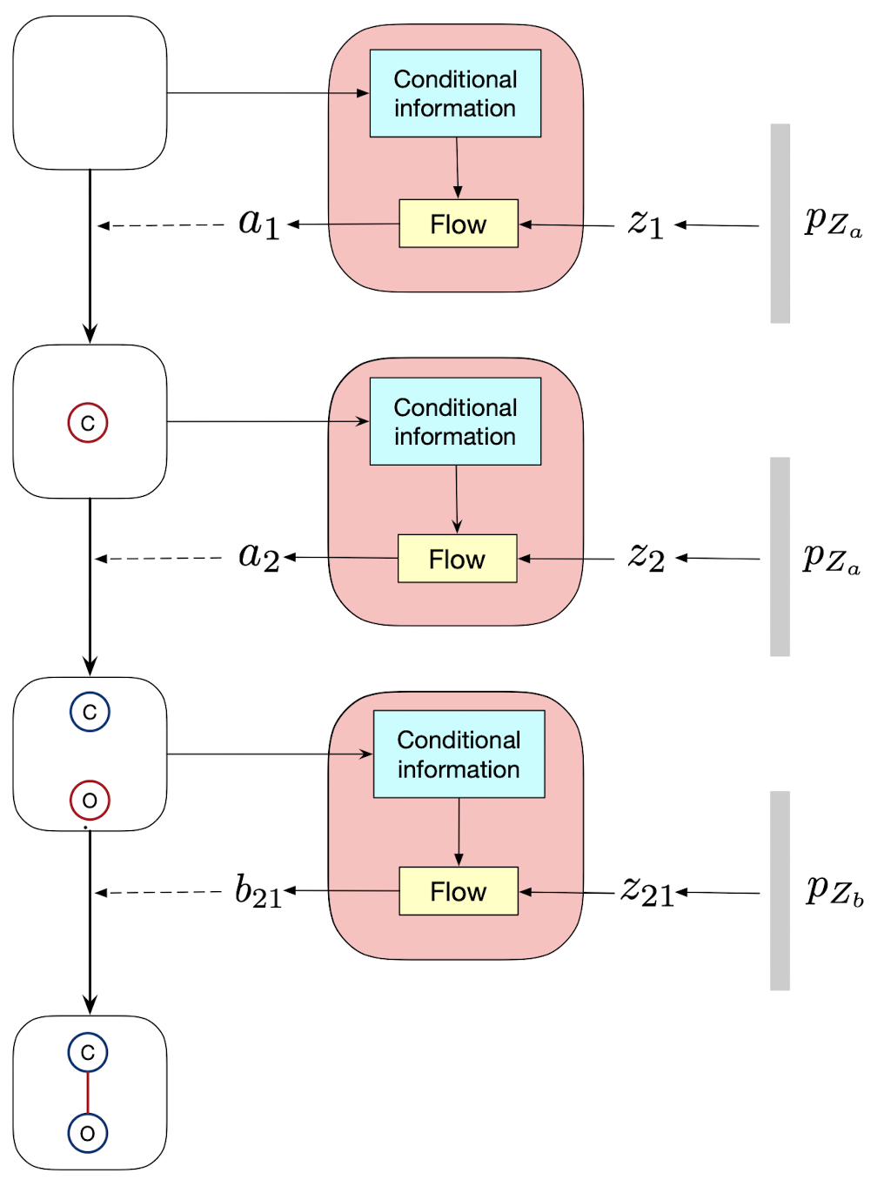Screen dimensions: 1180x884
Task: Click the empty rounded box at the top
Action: (90, 92)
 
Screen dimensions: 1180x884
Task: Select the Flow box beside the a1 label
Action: (459, 224)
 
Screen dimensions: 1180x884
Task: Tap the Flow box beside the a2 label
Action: (457, 559)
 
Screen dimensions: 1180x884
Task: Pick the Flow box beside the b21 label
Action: (459, 891)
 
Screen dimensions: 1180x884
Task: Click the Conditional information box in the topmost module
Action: (455, 93)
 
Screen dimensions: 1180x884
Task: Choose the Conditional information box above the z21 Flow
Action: (459, 754)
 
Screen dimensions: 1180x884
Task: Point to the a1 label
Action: (258, 224)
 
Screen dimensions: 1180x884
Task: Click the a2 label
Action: (258, 556)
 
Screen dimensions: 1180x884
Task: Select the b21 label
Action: (258, 891)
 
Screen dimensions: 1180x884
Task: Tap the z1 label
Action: (646, 224)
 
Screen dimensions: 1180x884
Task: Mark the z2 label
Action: (646, 557)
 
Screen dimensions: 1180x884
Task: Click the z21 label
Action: (647, 891)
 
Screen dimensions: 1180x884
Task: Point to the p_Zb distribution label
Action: (834, 891)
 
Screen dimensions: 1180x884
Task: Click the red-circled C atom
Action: (88, 423)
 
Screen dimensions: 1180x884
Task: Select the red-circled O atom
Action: (90, 801)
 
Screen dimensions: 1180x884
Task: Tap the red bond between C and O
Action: (88, 1093)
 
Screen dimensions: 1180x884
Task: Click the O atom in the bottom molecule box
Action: (88, 1133)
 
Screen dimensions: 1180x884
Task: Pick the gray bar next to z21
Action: (780, 890)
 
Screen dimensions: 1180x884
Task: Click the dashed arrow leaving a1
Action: (161, 225)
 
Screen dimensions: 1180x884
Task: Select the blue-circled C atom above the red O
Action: (90, 712)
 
